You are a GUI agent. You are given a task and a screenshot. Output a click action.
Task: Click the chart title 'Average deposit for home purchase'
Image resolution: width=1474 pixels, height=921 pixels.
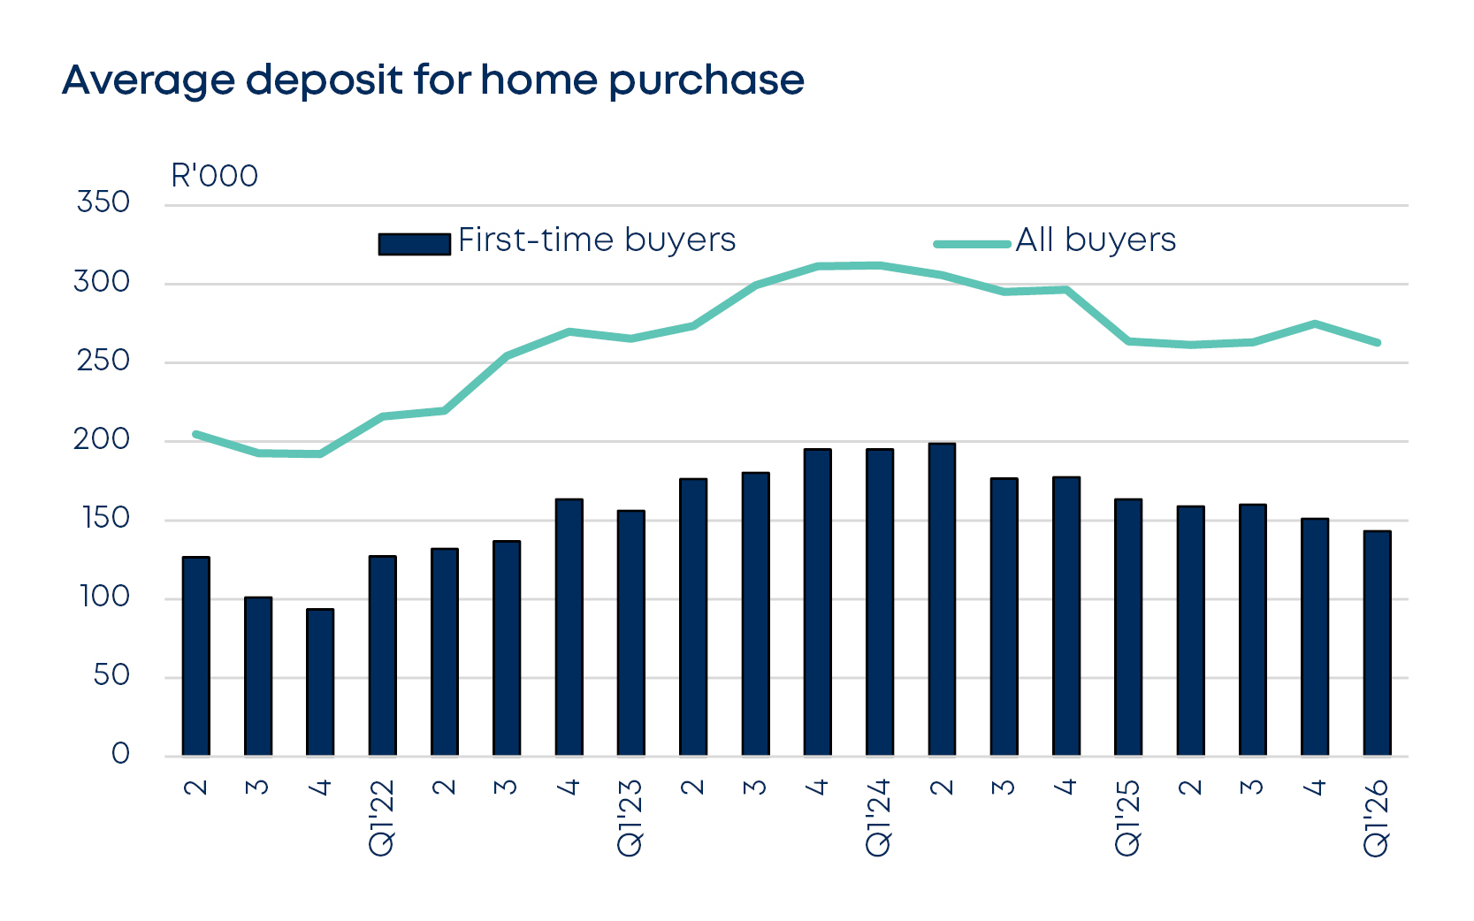pos(433,80)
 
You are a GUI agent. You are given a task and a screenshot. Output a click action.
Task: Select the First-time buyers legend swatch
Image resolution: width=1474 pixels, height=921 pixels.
pos(414,243)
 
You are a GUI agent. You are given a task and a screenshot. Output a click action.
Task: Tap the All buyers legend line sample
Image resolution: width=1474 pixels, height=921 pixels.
pos(972,244)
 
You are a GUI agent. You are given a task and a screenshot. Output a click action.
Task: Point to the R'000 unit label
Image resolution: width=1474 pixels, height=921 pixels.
pos(214,176)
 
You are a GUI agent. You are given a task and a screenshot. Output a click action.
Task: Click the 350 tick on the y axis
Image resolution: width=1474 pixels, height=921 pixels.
pos(103,202)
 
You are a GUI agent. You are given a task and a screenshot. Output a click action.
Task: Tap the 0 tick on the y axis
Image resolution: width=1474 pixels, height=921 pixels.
pos(120,754)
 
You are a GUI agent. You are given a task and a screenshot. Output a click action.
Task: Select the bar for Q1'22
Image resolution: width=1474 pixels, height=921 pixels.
pos(382,656)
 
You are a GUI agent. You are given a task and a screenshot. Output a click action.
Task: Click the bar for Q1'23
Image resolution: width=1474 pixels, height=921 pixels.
pos(630,633)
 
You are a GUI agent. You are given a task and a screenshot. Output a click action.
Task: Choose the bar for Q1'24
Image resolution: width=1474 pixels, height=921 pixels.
pos(880,602)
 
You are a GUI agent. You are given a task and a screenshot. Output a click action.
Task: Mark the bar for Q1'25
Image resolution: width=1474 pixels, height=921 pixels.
pos(1128,628)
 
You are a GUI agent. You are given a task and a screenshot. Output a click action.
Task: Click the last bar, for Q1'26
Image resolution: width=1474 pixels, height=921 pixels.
pos(1377,643)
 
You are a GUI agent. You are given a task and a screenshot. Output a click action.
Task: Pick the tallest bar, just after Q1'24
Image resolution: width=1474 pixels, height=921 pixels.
pos(942,599)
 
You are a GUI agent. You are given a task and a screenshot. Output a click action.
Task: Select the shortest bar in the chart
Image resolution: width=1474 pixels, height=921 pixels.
pos(320,682)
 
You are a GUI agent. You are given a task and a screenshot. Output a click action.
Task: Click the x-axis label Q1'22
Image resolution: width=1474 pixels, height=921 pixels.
pos(382,818)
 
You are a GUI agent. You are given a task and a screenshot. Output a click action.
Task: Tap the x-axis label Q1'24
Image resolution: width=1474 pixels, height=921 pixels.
pos(879,818)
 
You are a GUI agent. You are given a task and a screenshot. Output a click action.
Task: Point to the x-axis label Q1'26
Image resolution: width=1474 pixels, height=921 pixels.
pos(1377,818)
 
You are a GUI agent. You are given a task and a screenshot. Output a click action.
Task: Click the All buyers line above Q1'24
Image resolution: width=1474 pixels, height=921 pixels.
pos(880,265)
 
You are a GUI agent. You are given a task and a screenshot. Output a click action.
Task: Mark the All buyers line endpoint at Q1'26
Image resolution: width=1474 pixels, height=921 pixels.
pos(1377,342)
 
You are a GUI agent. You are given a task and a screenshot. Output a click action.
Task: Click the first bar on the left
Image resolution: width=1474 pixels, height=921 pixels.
pos(195,656)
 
